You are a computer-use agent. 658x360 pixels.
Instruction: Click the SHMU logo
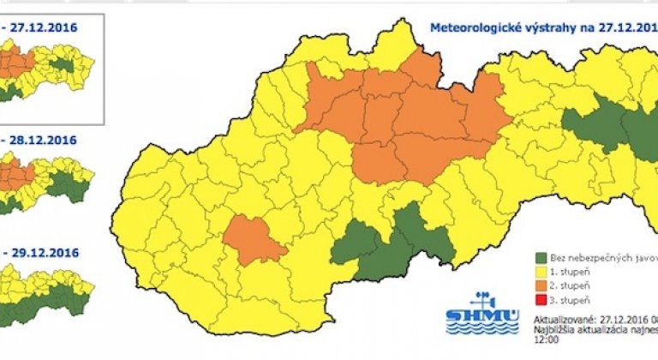tap(482, 312)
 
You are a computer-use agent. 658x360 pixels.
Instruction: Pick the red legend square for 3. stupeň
tap(540, 299)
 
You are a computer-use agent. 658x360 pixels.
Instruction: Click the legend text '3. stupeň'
tap(571, 299)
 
